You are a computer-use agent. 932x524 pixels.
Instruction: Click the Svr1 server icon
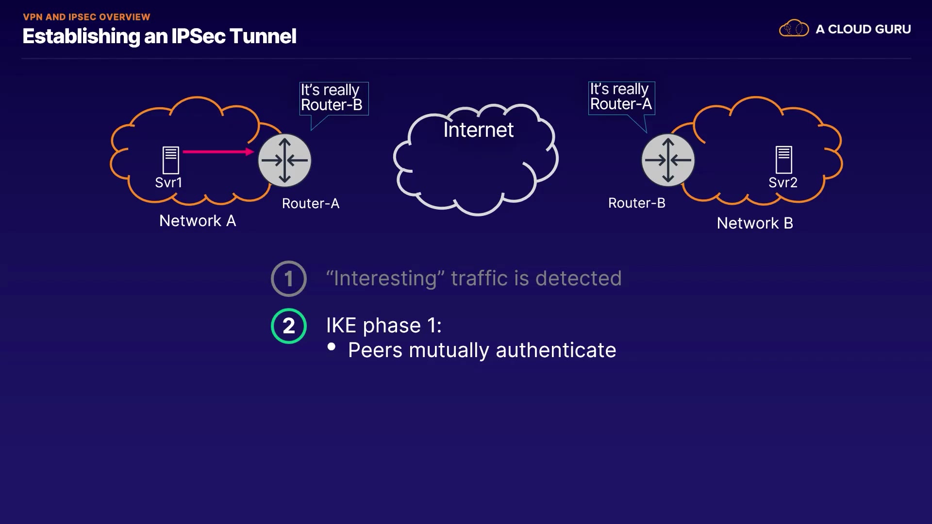tap(170, 160)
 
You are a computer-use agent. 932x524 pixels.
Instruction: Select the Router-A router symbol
tap(284, 161)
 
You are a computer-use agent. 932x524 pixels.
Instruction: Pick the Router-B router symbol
tap(668, 160)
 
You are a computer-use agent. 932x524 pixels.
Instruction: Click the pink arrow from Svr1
tap(218, 152)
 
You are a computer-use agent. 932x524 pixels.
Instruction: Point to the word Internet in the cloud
tap(478, 130)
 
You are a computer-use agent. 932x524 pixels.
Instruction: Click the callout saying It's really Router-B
tap(333, 98)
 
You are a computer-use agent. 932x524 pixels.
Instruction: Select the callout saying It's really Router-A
tap(621, 98)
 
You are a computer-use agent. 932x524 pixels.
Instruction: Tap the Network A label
tap(198, 221)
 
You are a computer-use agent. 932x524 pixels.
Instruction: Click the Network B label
tap(755, 223)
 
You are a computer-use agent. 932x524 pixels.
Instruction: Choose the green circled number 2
tap(289, 326)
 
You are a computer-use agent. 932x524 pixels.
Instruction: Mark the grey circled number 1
tap(289, 279)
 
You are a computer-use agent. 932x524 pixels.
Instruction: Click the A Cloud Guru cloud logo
tap(794, 29)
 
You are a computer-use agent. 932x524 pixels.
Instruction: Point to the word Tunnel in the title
tap(263, 36)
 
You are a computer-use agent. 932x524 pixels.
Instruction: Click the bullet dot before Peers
tap(332, 346)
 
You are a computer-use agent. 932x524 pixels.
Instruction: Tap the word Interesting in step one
tap(385, 278)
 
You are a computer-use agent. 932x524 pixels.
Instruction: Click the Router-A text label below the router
tap(311, 204)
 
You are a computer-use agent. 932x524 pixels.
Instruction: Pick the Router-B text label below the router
tap(637, 203)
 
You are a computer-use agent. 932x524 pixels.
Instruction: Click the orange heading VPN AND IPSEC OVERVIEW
tap(86, 17)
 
